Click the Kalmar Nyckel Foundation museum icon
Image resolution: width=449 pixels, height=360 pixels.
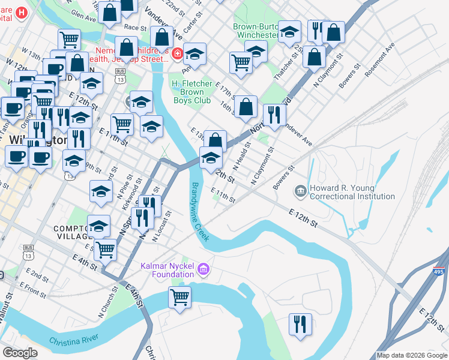coord(203,269)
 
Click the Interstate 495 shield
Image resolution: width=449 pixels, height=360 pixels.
coord(439,272)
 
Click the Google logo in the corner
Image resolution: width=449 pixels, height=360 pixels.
coord(20,353)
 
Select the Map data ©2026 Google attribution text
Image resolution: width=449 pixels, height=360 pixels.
coord(412,355)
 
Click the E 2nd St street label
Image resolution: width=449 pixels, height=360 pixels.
coord(37,275)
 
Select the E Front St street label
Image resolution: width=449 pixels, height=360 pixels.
coord(32,287)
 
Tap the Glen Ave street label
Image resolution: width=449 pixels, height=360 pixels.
coord(83,16)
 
